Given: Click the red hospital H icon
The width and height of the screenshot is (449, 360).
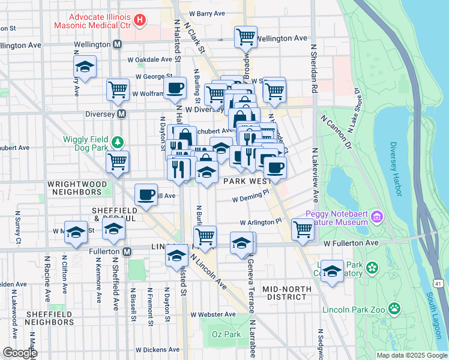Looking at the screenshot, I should tap(140, 21).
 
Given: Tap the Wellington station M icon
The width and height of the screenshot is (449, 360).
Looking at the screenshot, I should tap(117, 45).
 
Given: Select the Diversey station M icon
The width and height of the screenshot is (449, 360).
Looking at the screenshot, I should tap(122, 113).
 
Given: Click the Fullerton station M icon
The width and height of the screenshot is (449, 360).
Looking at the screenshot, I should tap(127, 252).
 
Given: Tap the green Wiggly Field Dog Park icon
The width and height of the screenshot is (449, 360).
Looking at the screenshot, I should tap(119, 142).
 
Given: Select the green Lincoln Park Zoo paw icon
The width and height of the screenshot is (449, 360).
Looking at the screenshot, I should tap(394, 309).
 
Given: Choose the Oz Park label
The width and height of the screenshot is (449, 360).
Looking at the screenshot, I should tap(226, 334).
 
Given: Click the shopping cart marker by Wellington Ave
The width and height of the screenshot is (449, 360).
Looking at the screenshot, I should tap(246, 37).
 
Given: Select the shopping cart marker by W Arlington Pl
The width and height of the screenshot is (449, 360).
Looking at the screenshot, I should tap(303, 228).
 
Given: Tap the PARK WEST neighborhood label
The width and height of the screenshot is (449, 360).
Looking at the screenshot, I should tap(243, 181).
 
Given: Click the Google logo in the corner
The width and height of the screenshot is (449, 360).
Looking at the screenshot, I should tap(20, 353).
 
